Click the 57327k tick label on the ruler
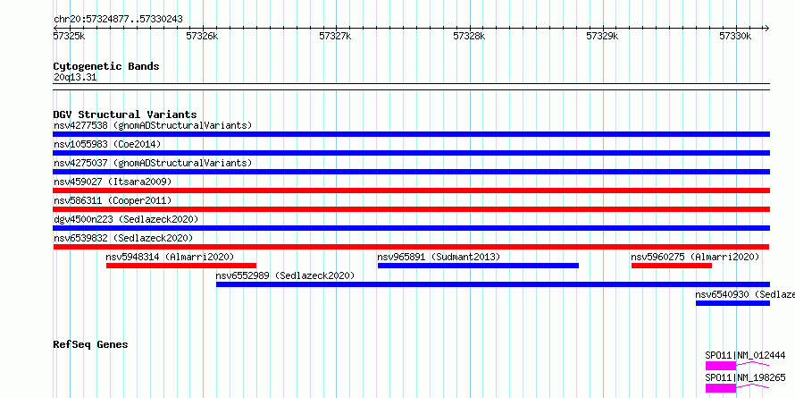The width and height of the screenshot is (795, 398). pyautogui.click(x=335, y=36)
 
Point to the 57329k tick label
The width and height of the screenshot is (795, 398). pyautogui.click(x=602, y=36)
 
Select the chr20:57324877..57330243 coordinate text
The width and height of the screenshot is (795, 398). pyautogui.click(x=118, y=20)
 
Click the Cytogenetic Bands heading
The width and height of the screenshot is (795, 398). pyautogui.click(x=106, y=66)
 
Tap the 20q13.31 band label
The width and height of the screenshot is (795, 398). pyautogui.click(x=75, y=78)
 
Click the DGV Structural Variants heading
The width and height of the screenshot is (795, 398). pyautogui.click(x=125, y=114)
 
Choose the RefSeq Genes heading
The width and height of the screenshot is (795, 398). pyautogui.click(x=90, y=344)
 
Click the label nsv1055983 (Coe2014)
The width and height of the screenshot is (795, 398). pyautogui.click(x=107, y=144)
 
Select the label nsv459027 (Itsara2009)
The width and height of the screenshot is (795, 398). pyautogui.click(x=113, y=182)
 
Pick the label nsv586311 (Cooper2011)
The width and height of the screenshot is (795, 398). pyautogui.click(x=113, y=200)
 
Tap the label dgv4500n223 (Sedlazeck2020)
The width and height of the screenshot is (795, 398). pyautogui.click(x=126, y=219)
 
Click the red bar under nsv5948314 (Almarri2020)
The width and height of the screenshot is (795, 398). pyautogui.click(x=181, y=266)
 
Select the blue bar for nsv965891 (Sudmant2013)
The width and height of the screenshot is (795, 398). pyautogui.click(x=478, y=266)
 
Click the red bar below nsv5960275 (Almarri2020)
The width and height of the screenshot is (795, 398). pyautogui.click(x=672, y=266)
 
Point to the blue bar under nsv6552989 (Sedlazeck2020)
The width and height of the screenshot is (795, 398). pyautogui.click(x=493, y=284)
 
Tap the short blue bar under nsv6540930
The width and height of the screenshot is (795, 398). pyautogui.click(x=732, y=303)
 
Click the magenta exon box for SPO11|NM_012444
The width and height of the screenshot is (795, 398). pyautogui.click(x=721, y=366)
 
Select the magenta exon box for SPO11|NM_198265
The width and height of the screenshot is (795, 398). pyautogui.click(x=721, y=388)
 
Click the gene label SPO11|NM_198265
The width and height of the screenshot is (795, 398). pyautogui.click(x=745, y=377)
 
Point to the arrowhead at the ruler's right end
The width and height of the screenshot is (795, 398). pyautogui.click(x=766, y=29)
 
